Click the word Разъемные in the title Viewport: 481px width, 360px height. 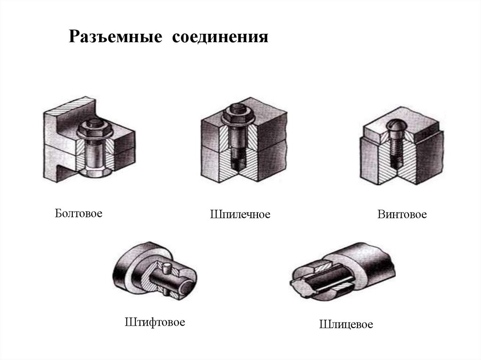[x=116, y=37]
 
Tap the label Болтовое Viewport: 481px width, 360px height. [x=78, y=213]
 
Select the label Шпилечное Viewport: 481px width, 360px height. [x=240, y=214]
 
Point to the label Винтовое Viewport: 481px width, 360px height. [x=402, y=214]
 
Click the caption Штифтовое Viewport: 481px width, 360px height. [x=155, y=322]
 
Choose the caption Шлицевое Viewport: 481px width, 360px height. [x=346, y=324]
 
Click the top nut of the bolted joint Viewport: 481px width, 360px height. [x=95, y=130]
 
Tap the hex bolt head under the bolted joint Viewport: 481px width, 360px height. [x=94, y=173]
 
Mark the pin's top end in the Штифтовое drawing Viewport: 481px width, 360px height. [x=167, y=266]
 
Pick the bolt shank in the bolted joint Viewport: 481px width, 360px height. [x=94, y=153]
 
